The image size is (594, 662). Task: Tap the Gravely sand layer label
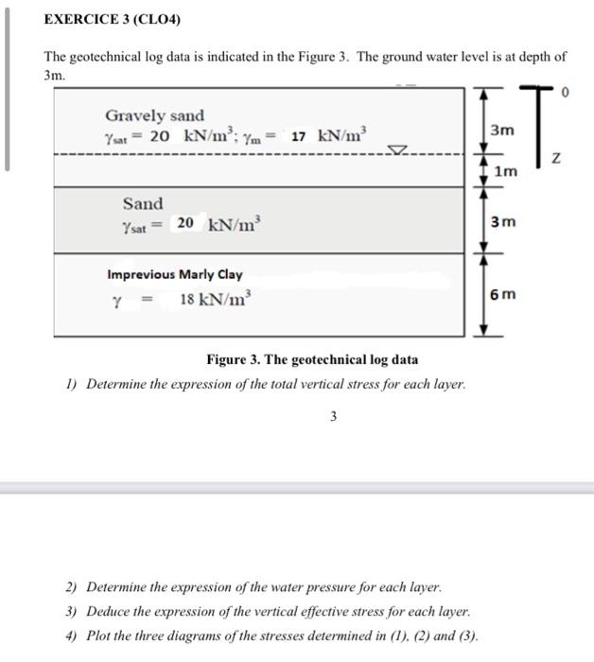coord(154,115)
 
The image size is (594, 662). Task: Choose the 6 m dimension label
coord(504,294)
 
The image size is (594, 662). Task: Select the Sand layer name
coord(143,203)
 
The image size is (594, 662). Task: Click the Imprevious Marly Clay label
coord(175,275)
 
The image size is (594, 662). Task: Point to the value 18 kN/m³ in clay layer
coord(216,300)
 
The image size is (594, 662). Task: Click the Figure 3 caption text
coord(312,359)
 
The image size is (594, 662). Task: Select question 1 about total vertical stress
coord(266,385)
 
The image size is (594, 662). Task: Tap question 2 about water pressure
coord(253,587)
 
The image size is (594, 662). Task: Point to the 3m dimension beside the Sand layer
coord(503,222)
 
